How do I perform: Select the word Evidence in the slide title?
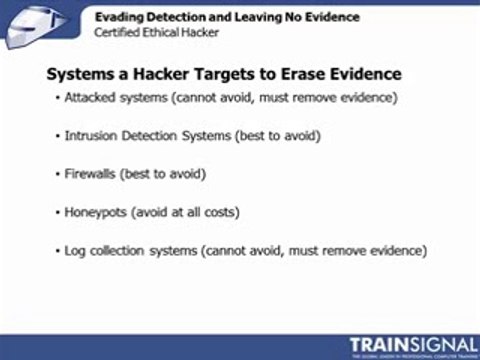pos(362,74)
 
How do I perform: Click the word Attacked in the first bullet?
pos(91,98)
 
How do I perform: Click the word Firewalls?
pos(91,174)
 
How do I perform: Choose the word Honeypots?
pos(96,212)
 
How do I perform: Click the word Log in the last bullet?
pos(75,250)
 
